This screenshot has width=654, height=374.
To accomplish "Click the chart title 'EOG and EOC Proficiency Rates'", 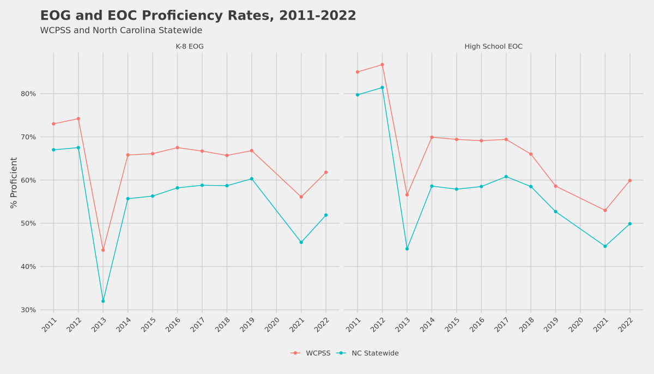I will (198, 16).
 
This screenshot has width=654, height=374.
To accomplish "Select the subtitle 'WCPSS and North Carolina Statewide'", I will (121, 30).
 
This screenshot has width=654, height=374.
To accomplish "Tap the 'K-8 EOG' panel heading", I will (190, 47).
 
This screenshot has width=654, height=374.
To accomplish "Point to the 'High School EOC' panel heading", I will (493, 47).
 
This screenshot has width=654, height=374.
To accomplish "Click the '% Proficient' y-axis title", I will (14, 182).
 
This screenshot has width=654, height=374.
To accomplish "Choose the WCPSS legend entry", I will (311, 353).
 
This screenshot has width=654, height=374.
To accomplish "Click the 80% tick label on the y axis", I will (28, 94).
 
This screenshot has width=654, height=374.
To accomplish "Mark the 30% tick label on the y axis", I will (28, 310).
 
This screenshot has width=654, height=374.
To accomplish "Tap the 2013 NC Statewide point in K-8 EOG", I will (103, 301).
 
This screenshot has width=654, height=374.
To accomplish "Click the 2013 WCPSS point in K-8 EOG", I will (103, 250).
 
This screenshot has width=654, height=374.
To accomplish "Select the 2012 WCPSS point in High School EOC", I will (382, 65).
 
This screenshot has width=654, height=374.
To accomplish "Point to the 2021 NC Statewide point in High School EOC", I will (605, 246).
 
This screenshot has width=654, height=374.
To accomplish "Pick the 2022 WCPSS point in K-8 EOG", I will (326, 173).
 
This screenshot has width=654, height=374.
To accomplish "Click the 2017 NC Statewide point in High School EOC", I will (506, 176).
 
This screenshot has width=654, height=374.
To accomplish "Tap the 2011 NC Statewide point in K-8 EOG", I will (53, 150).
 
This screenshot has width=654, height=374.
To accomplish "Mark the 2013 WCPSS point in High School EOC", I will (407, 195).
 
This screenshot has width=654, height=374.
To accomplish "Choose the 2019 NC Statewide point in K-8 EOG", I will (251, 179).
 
